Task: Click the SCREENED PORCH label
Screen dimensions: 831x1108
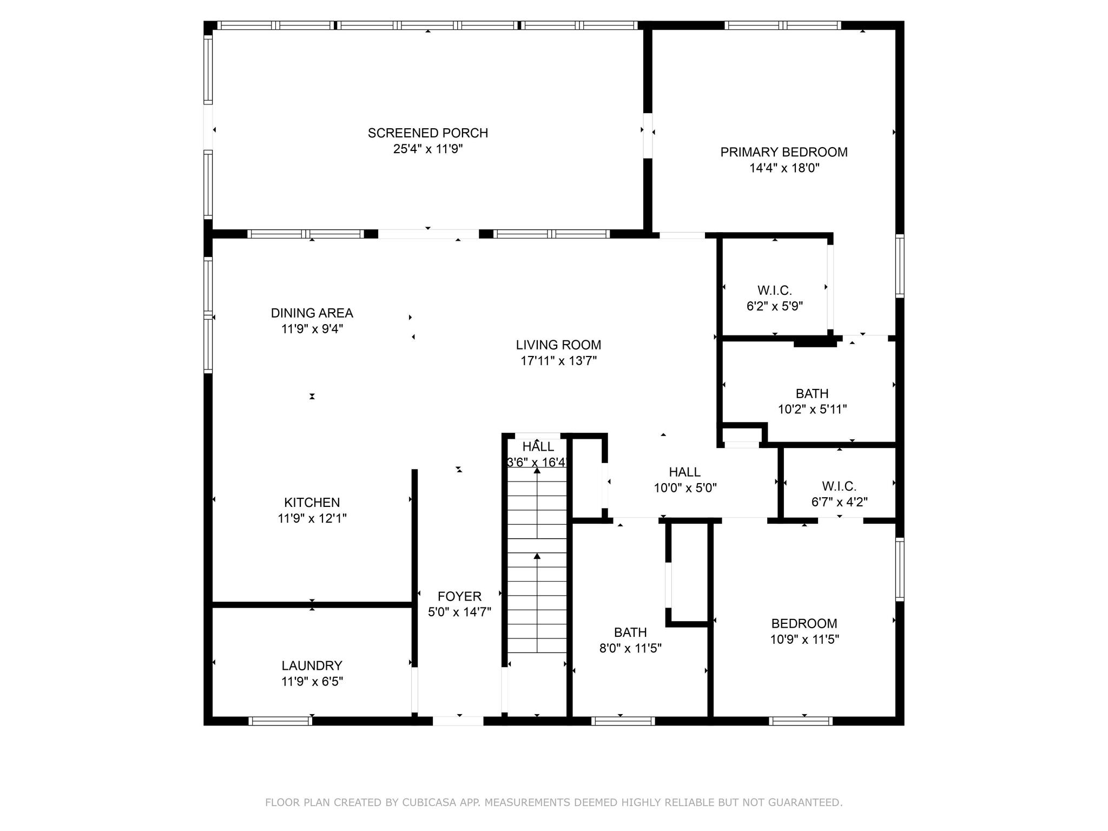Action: point(427,133)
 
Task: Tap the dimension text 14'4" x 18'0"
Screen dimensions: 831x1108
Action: point(784,168)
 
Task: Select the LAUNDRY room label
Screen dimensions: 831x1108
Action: point(312,665)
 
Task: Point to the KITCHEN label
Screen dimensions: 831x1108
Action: point(312,503)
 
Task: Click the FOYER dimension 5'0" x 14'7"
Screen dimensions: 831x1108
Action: point(459,612)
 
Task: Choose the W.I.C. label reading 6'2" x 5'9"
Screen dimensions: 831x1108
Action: point(774,291)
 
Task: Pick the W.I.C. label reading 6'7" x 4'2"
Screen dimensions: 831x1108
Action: point(839,486)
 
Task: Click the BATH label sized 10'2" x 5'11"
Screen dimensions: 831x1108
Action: point(812,394)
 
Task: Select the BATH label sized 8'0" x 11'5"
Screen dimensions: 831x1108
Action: point(630,632)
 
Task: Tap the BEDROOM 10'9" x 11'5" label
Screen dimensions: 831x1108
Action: point(804,624)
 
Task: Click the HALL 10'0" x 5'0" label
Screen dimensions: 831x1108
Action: point(684,472)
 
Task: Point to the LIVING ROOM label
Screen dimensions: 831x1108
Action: point(558,345)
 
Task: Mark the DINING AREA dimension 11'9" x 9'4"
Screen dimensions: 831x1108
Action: point(312,329)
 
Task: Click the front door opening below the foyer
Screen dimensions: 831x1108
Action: point(458,721)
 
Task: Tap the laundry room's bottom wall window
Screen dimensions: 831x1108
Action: point(280,721)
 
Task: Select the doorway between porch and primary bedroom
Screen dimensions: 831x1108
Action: point(647,135)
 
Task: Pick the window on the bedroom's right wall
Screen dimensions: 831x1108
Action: point(899,569)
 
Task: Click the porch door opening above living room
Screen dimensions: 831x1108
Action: point(428,234)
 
